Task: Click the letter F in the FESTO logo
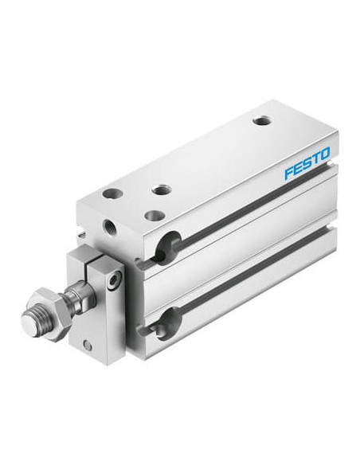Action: point(289,174)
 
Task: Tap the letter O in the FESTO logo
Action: point(324,154)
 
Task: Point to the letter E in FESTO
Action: point(298,169)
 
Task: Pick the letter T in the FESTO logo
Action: point(315,159)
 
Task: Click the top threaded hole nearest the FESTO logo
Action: point(263,121)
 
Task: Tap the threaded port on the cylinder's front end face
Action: point(109,227)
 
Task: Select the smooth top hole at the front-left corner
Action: point(112,194)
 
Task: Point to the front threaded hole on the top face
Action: point(162,190)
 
